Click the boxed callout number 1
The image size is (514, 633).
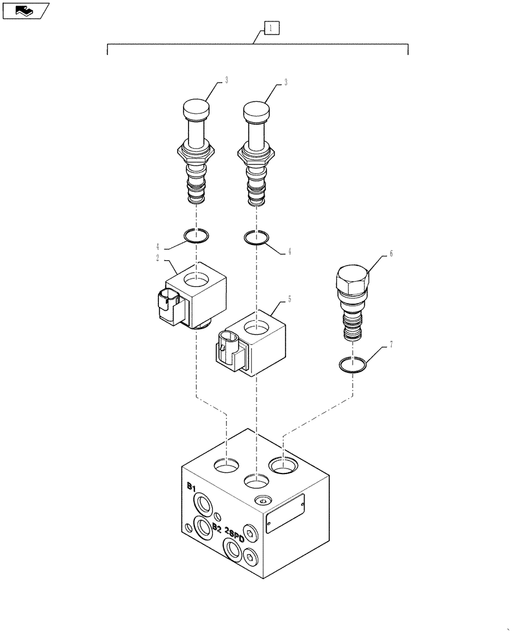pyautogui.click(x=270, y=28)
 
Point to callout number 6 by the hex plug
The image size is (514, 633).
pyautogui.click(x=391, y=254)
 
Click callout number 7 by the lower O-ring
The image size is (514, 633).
pyautogui.click(x=391, y=344)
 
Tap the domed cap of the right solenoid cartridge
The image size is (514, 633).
pyautogui.click(x=256, y=111)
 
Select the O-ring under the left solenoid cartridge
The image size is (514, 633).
pyautogui.click(x=196, y=237)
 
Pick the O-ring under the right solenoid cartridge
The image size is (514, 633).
pyautogui.click(x=256, y=237)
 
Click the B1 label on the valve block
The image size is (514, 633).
pyautogui.click(x=191, y=486)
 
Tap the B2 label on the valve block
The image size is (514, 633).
pyautogui.click(x=216, y=527)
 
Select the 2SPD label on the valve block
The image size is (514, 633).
pyautogui.click(x=235, y=535)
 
